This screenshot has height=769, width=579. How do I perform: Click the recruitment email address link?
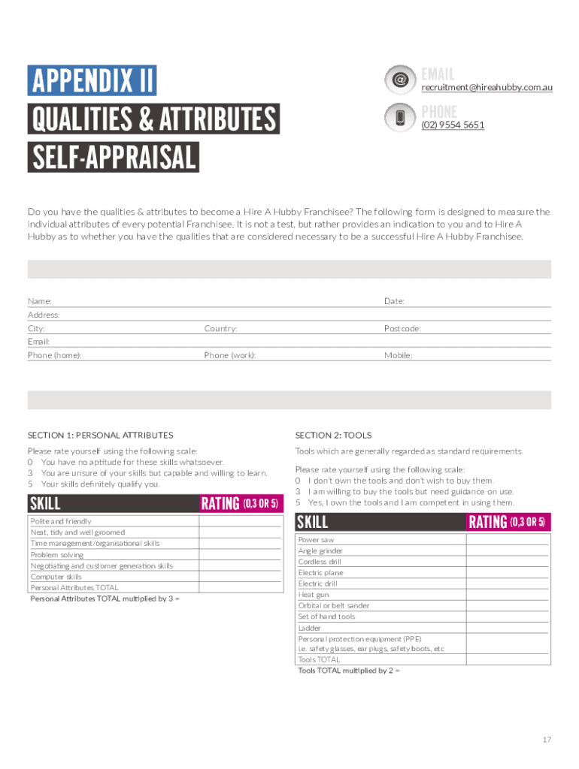point(487,88)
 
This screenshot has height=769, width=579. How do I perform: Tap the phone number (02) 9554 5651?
point(452,125)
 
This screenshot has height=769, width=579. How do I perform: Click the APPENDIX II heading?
point(92,80)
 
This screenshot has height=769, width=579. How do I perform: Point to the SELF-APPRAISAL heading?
point(114,158)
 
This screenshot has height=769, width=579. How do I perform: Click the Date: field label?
point(394,301)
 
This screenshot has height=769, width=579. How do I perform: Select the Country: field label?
point(220,329)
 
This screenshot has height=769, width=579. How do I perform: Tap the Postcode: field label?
point(402,329)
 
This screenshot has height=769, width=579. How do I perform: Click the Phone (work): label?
point(229,355)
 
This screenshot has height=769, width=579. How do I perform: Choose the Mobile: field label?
point(398,355)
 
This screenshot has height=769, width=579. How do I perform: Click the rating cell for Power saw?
point(508,540)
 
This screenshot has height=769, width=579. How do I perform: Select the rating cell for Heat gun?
point(508,595)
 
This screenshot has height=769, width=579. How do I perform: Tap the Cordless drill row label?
point(320,562)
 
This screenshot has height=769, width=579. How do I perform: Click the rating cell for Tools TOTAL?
point(508,659)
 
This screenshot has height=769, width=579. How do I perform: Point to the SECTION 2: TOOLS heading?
point(333,436)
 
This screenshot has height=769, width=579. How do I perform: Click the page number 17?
point(547,740)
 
